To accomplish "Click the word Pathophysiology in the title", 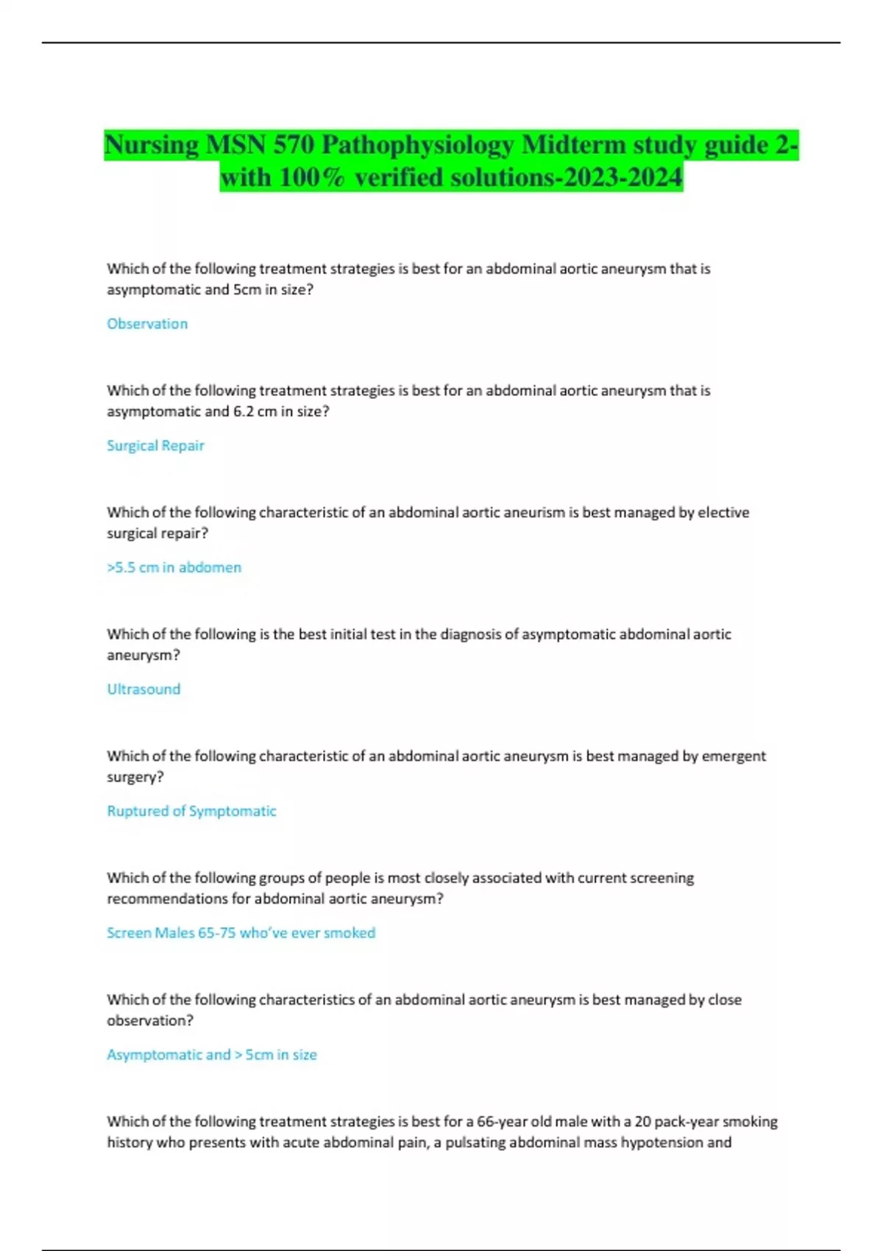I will pyautogui.click(x=417, y=145).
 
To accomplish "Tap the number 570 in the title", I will pyautogui.click(x=294, y=145).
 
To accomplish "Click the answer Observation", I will pyautogui.click(x=147, y=324).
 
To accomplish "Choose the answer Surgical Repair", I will pyautogui.click(x=155, y=445).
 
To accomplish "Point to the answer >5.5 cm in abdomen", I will pyautogui.click(x=174, y=567).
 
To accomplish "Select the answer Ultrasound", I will pyautogui.click(x=143, y=689).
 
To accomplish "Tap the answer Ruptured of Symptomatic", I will pyautogui.click(x=191, y=811).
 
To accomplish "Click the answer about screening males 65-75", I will pyautogui.click(x=241, y=932).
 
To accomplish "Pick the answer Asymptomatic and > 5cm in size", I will pyautogui.click(x=212, y=1055).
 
